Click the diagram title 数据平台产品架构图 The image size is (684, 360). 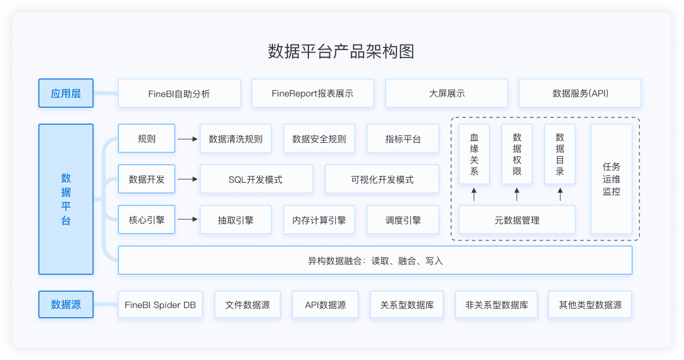click(x=341, y=51)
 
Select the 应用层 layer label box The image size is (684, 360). click(x=66, y=93)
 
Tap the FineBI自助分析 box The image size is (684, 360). click(x=179, y=93)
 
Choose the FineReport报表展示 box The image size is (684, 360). click(x=313, y=93)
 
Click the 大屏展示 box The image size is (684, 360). click(x=447, y=93)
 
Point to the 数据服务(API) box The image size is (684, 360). click(x=580, y=93)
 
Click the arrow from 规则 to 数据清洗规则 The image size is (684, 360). click(x=187, y=139)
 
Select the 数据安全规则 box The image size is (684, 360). click(x=319, y=138)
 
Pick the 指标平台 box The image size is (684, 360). click(x=403, y=138)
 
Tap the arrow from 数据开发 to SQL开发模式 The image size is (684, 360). click(x=187, y=179)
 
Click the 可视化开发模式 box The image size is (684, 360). click(x=382, y=179)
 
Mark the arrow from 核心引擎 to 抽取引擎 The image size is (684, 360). click(x=187, y=219)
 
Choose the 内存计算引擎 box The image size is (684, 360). click(x=319, y=219)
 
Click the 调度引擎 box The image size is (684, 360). click(x=403, y=219)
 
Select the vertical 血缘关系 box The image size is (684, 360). click(x=474, y=154)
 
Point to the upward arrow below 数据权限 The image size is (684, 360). click(x=517, y=194)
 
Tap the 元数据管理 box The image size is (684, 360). click(x=517, y=219)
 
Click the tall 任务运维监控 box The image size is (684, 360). click(x=611, y=179)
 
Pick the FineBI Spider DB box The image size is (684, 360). click(x=160, y=305)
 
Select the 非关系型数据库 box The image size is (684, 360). click(x=497, y=305)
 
